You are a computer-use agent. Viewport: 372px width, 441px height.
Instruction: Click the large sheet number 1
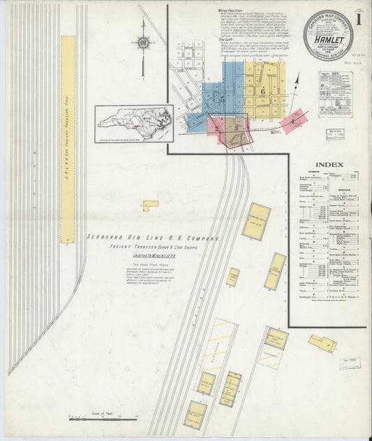click(358, 20)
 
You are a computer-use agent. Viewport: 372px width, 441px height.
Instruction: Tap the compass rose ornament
click(143, 42)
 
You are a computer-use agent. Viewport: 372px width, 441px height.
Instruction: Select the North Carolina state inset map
click(133, 123)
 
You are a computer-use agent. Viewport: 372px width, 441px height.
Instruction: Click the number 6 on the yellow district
click(263, 91)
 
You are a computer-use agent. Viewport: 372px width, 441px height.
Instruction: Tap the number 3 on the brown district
click(237, 127)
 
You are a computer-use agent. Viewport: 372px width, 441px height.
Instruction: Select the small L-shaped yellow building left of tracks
click(150, 205)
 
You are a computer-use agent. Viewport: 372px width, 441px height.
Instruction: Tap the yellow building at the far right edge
click(322, 343)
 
